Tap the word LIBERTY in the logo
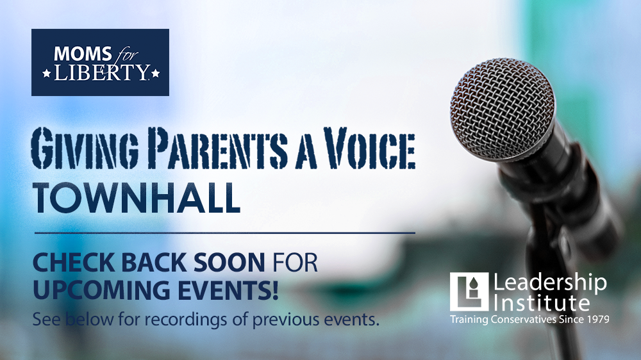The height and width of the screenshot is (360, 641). coord(101,72)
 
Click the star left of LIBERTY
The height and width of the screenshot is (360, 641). coord(47,74)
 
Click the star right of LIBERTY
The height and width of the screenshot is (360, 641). coord(155,74)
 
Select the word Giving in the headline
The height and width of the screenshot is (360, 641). coord(85,147)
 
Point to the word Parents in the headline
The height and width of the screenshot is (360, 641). coord(217,147)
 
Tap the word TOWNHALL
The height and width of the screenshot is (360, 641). coord(136,198)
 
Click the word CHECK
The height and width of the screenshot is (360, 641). coord(75,263)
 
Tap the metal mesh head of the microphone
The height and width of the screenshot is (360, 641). coord(503,108)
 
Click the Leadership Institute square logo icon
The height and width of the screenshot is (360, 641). coord(469,291)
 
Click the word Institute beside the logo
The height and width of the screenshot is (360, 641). coord(542,303)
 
